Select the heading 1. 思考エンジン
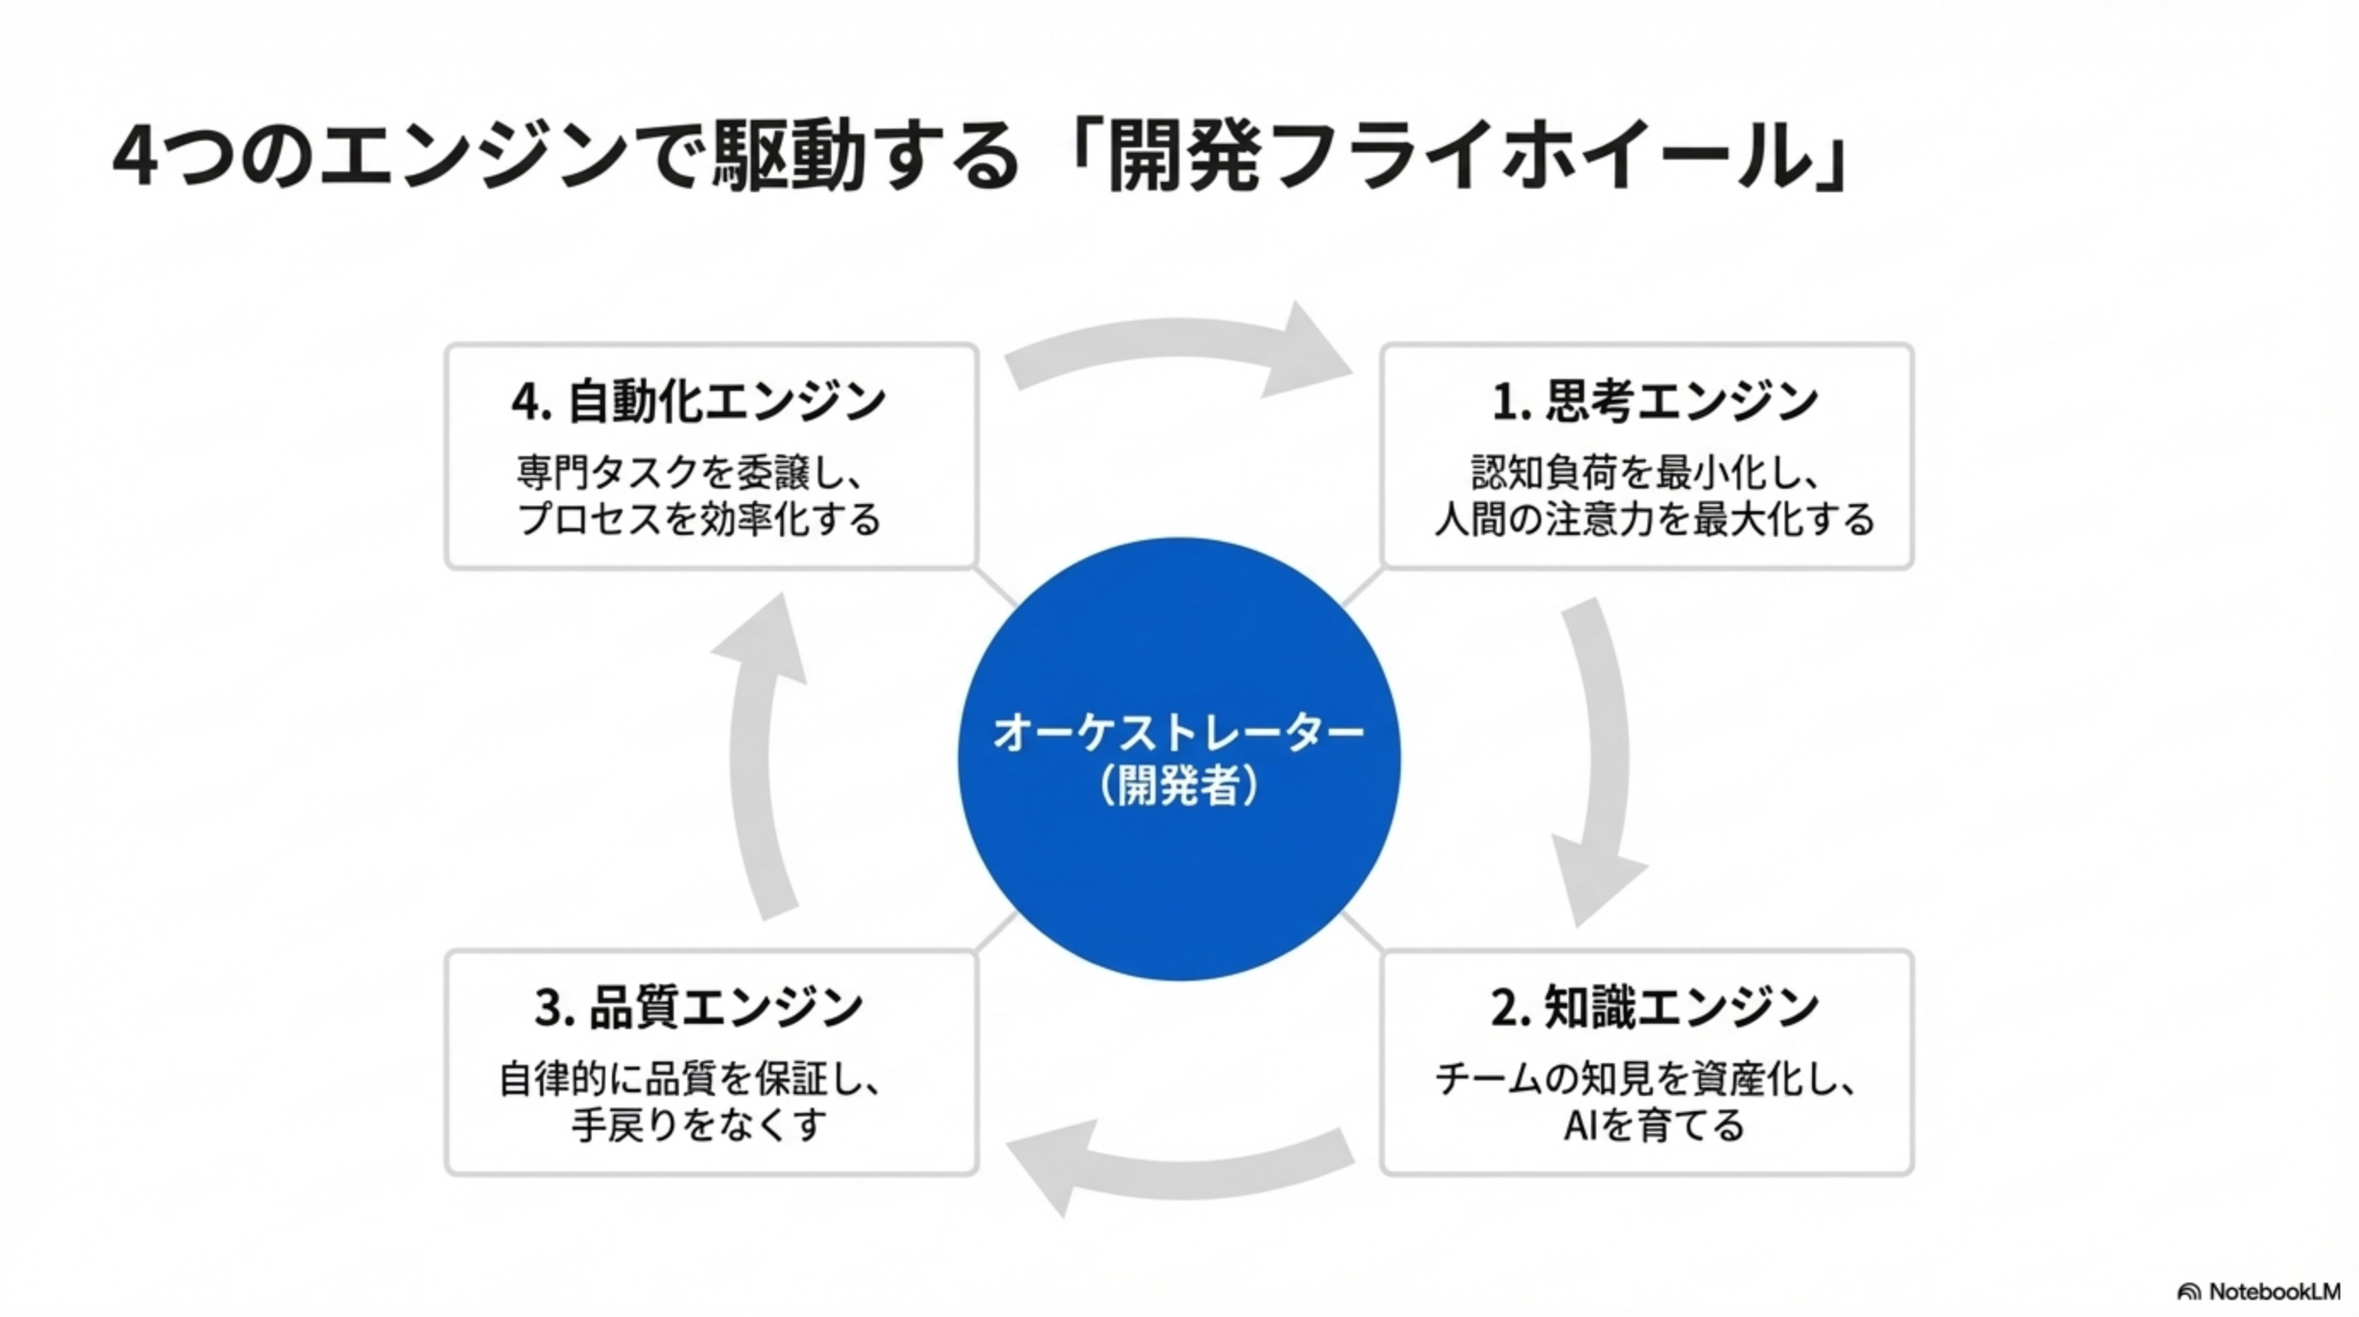tap(1654, 401)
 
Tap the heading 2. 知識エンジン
tap(1654, 1007)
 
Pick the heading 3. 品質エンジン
tap(699, 1007)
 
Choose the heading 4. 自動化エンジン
tap(699, 401)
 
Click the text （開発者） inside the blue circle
tap(1179, 785)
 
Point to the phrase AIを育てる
tap(1654, 1125)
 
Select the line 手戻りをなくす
tap(699, 1125)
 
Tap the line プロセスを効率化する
tap(699, 520)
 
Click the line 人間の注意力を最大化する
tap(1654, 520)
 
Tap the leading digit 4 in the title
tap(135, 158)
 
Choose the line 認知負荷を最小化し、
tap(1645, 473)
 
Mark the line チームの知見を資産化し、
tap(1645, 1079)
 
